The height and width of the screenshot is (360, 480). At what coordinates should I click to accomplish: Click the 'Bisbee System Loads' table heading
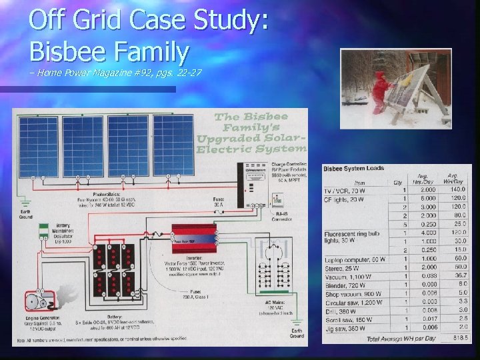coord(354,169)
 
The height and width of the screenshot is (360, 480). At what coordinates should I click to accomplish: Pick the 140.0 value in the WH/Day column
coord(456,189)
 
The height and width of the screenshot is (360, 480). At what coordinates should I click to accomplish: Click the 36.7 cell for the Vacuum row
coord(457,275)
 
